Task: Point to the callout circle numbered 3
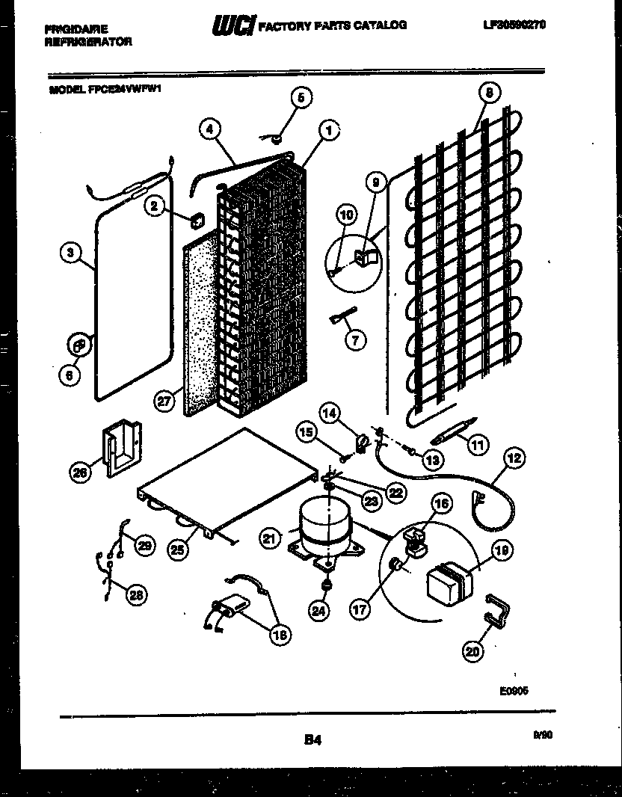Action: click(70, 253)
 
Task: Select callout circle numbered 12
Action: click(514, 458)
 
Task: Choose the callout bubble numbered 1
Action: click(327, 131)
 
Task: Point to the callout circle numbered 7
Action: click(355, 340)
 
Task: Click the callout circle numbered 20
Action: click(472, 650)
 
